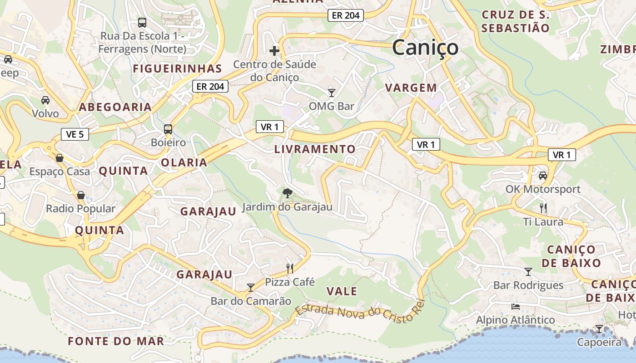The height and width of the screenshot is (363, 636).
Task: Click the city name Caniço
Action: [425, 48]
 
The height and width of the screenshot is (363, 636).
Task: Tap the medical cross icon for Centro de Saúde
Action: [274, 50]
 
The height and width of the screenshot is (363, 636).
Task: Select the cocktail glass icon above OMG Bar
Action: [332, 93]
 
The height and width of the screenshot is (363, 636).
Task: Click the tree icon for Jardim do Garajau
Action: [287, 193]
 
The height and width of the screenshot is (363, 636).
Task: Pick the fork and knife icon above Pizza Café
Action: [290, 268]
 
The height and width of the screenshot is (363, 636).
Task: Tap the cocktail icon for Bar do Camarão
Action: [250, 287]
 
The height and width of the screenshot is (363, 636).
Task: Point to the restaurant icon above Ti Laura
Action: [543, 208]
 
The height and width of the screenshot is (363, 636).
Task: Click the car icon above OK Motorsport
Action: [542, 176]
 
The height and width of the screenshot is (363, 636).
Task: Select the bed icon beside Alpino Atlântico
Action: [516, 306]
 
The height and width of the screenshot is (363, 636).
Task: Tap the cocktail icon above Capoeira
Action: [599, 329]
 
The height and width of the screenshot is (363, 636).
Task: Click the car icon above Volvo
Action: [45, 100]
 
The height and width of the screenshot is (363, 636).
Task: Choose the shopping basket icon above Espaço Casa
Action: [60, 158]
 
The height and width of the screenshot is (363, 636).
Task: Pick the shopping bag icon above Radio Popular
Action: [81, 195]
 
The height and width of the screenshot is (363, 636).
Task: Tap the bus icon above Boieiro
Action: [168, 129]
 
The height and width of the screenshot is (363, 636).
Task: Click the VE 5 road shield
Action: [75, 134]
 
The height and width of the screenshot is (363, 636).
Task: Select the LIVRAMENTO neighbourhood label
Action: [315, 149]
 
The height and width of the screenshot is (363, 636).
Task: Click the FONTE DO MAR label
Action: [116, 341]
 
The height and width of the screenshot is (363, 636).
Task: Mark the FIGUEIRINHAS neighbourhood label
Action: [177, 69]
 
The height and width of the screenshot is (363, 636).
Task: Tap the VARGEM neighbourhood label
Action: [411, 88]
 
